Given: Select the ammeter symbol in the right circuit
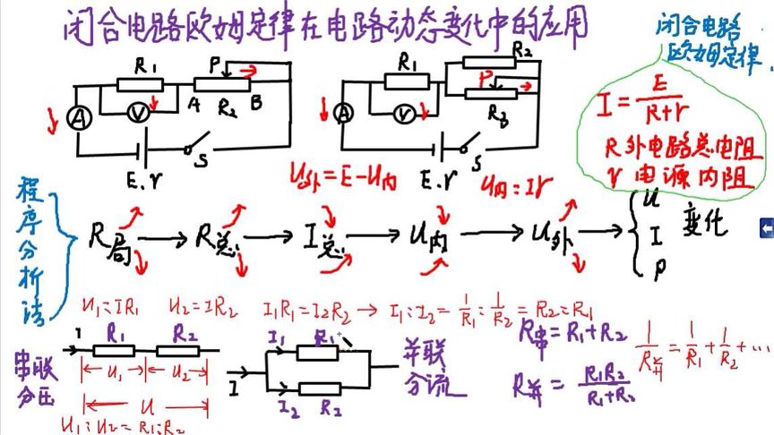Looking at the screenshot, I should point(340,114).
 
